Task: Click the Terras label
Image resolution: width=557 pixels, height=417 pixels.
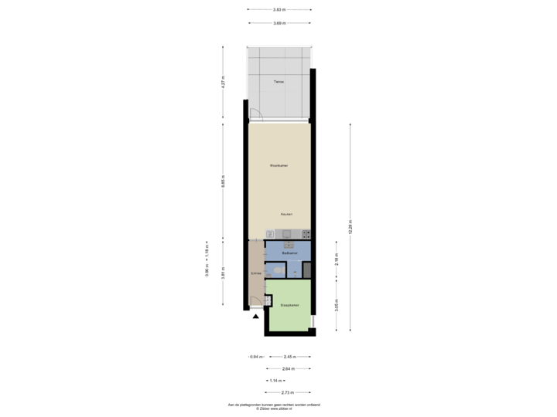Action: coord(278,81)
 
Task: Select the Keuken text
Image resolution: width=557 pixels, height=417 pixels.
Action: coord(287,214)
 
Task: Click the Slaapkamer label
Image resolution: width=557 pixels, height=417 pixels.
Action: coord(290,306)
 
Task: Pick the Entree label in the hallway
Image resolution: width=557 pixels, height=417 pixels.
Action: coord(256,273)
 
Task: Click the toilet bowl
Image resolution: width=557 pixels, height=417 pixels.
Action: coord(278,270)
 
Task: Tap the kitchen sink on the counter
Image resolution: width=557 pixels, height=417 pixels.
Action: coord(285,234)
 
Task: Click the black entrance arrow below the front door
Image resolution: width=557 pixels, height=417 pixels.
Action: coord(256,314)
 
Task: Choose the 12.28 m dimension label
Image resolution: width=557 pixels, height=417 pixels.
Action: coord(350,227)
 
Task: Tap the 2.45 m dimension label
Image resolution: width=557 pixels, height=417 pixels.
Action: coord(289,357)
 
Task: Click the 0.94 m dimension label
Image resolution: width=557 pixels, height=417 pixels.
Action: coord(255,357)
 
